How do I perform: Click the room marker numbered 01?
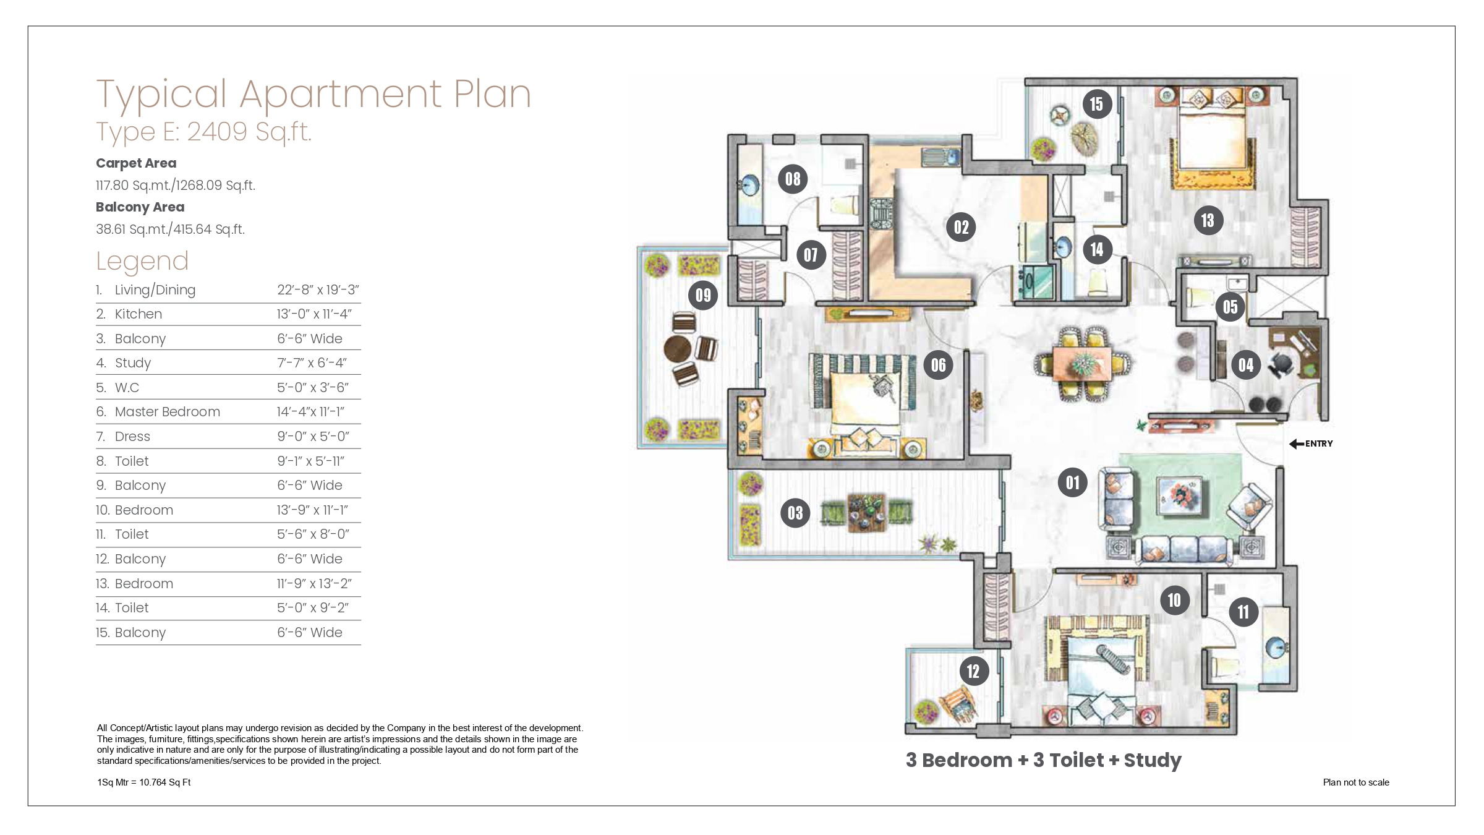pyautogui.click(x=1073, y=482)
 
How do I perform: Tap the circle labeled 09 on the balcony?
pyautogui.click(x=704, y=295)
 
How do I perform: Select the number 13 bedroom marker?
pyautogui.click(x=1208, y=220)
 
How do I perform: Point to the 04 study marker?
pyautogui.click(x=1246, y=365)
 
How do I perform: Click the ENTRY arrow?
pyautogui.click(x=1297, y=443)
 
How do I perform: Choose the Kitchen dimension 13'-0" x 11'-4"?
pyautogui.click(x=314, y=314)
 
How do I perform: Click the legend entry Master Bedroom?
pyautogui.click(x=168, y=412)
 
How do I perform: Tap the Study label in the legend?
pyautogui.click(x=133, y=363)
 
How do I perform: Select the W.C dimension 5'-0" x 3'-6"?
pyautogui.click(x=313, y=388)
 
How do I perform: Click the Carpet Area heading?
pyautogui.click(x=136, y=163)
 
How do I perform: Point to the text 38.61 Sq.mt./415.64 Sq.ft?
pyautogui.click(x=170, y=229)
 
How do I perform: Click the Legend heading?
pyautogui.click(x=142, y=261)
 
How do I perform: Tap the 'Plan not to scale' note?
pyautogui.click(x=1356, y=782)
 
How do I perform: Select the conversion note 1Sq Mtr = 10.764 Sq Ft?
pyautogui.click(x=143, y=782)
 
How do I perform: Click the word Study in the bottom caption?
pyautogui.click(x=1153, y=760)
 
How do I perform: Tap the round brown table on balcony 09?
pyautogui.click(x=678, y=348)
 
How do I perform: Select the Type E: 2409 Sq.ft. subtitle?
pyautogui.click(x=204, y=132)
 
